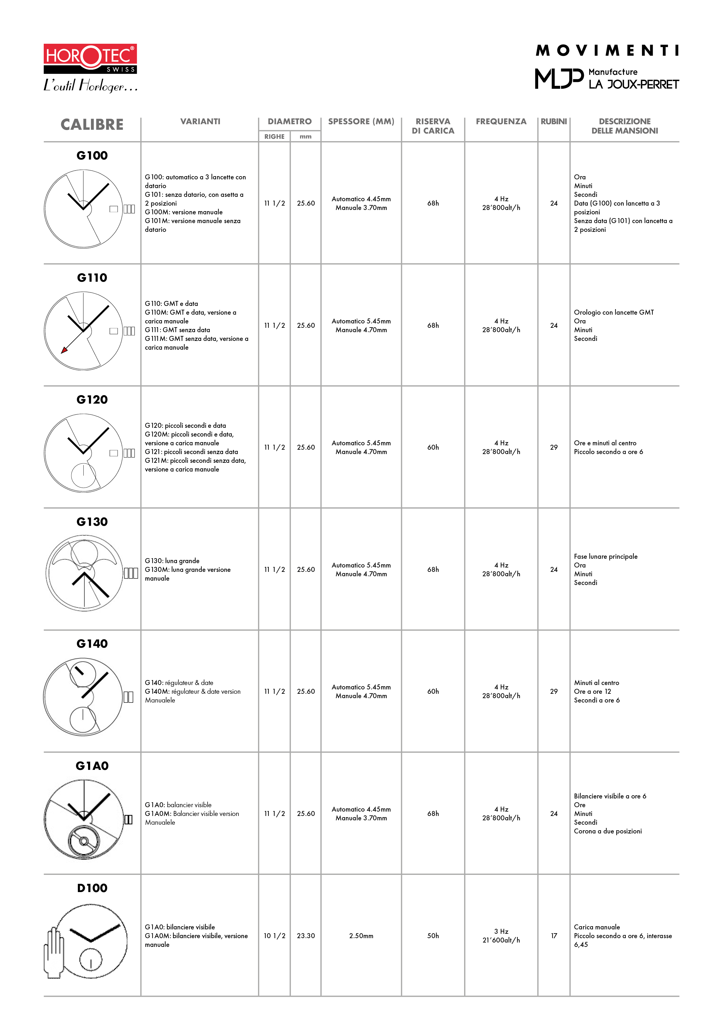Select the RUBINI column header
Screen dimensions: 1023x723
click(x=553, y=122)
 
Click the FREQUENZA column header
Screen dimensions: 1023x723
click(x=501, y=122)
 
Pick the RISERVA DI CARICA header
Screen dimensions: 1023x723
click(x=433, y=126)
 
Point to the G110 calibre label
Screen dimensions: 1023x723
click(x=92, y=278)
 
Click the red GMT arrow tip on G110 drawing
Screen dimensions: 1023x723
click(x=64, y=351)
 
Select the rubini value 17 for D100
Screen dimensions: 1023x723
click(x=554, y=936)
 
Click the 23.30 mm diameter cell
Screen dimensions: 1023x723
click(x=306, y=936)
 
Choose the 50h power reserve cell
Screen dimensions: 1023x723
click(x=433, y=936)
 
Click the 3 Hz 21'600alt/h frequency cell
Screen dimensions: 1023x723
click(x=501, y=936)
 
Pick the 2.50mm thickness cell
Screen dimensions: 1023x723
click(x=361, y=936)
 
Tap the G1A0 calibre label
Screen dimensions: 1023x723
click(x=92, y=766)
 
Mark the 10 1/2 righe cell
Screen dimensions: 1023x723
click(x=274, y=936)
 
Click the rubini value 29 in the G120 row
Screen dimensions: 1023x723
click(x=554, y=447)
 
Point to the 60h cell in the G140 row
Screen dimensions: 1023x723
click(x=433, y=691)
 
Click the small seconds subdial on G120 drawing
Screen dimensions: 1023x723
click(x=83, y=475)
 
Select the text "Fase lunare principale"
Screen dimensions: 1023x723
click(x=606, y=556)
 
